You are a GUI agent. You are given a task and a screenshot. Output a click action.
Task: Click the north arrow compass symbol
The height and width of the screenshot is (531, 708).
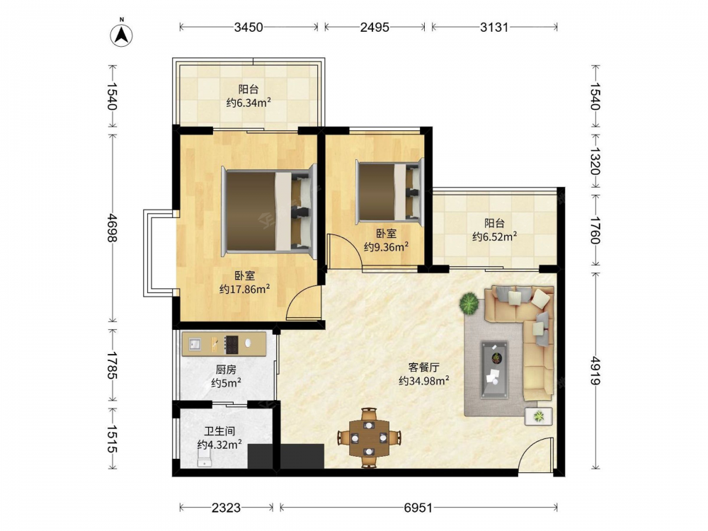pos(122,33)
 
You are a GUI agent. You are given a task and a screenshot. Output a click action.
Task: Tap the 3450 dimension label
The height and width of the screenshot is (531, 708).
pos(249,27)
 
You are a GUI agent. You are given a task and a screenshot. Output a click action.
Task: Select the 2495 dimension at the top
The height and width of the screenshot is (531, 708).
pos(375,27)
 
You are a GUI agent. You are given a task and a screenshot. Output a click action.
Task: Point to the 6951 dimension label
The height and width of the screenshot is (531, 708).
pos(418,508)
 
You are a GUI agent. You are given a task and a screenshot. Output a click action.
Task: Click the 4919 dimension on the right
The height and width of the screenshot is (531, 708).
pos(596,371)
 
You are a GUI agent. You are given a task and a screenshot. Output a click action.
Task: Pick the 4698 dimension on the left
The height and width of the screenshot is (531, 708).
pos(112,227)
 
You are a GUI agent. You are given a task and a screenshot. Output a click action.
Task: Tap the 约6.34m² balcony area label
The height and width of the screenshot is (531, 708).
pos(249,103)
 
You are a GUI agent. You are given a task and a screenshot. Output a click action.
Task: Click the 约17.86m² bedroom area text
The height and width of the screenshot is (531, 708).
pos(245,289)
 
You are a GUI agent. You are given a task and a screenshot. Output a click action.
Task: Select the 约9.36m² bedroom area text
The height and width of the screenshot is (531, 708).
pos(387,246)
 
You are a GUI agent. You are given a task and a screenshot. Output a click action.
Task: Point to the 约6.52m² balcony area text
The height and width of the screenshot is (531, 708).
pos(494,236)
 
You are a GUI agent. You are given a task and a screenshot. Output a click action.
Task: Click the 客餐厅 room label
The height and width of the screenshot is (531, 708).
pos(423,367)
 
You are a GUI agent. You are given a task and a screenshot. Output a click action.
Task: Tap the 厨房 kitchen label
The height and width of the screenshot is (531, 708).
pos(226,370)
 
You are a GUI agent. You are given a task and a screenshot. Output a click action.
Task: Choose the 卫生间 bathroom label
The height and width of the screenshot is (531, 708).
pos(219,431)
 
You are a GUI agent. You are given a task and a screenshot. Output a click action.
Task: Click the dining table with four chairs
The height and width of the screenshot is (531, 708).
pos(370,438)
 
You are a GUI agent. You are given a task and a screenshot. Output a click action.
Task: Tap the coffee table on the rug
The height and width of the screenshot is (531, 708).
pos(494,370)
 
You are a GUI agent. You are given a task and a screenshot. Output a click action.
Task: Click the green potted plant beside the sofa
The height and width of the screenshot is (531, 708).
pos(469,303)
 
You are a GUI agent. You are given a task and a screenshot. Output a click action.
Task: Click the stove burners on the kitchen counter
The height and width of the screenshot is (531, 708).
pos(232,344)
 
